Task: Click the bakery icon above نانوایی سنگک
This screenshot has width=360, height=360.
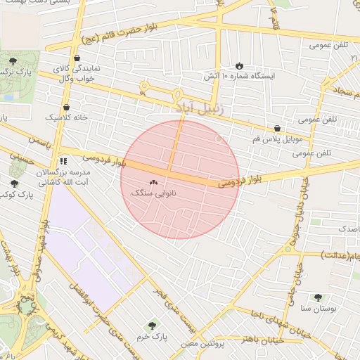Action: pyautogui.click(x=153, y=182)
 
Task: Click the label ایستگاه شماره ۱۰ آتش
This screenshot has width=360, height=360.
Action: pyautogui.click(x=240, y=75)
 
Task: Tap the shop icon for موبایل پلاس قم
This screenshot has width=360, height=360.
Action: pyautogui.click(x=278, y=129)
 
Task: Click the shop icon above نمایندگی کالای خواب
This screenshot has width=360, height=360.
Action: pyautogui.click(x=76, y=58)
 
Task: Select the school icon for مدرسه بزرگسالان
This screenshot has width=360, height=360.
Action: pyautogui.click(x=63, y=161)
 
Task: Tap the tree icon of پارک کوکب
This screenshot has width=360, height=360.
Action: pyautogui.click(x=14, y=184)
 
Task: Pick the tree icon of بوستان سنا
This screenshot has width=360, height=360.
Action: pyautogui.click(x=318, y=297)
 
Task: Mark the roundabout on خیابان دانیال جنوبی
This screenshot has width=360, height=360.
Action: pyautogui.click(x=288, y=250)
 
